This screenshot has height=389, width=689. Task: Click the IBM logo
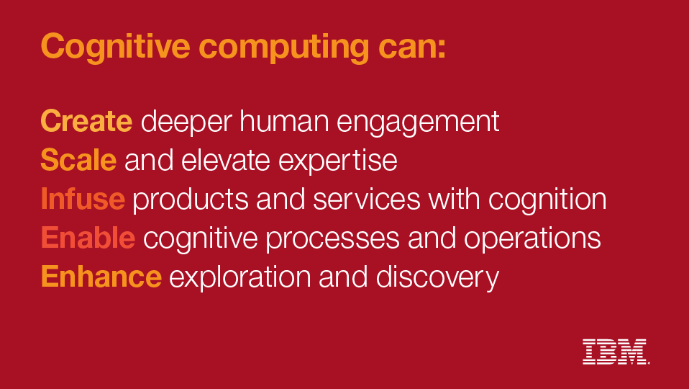[x=616, y=352]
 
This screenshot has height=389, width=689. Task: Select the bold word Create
[x=86, y=121]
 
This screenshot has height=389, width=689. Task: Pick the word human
[x=284, y=121]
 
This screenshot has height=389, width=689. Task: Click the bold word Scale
[x=78, y=160]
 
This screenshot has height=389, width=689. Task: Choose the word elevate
[x=225, y=160]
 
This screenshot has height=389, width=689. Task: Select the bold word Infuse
[x=83, y=199]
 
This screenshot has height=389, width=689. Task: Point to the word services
[x=367, y=199]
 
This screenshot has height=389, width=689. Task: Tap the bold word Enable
[x=88, y=238]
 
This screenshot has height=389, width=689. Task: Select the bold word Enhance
[x=101, y=277]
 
